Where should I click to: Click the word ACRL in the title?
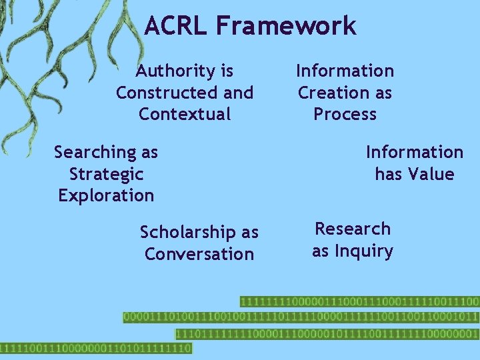pyautogui.click(x=175, y=26)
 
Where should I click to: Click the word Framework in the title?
pyautogui.click(x=285, y=26)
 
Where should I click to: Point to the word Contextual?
pyautogui.click(x=185, y=114)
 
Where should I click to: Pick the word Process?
pyautogui.click(x=345, y=114)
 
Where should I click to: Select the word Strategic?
pyautogui.click(x=106, y=174)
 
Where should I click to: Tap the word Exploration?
pyautogui.click(x=106, y=195)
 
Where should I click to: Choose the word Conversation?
pyautogui.click(x=199, y=254)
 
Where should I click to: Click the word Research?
pyautogui.click(x=353, y=229)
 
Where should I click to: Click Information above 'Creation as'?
pyautogui.click(x=345, y=71)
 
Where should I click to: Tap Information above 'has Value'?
pyautogui.click(x=414, y=152)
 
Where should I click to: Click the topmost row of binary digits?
pyautogui.click(x=359, y=301)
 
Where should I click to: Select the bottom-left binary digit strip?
pyautogui.click(x=96, y=348)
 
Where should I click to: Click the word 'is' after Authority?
pyautogui.click(x=227, y=71)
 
